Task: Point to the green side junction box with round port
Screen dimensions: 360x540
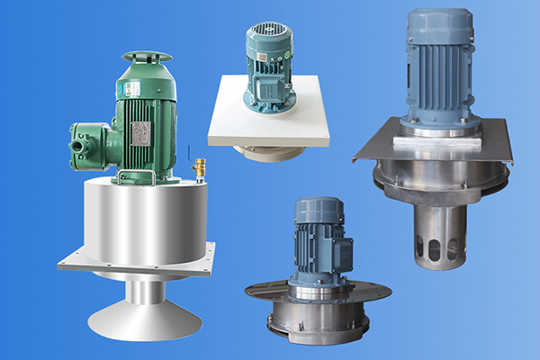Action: pos(90,140)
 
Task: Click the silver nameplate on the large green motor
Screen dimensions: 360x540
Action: pos(141,132)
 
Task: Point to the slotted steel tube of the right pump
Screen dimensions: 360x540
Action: pos(439,235)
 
